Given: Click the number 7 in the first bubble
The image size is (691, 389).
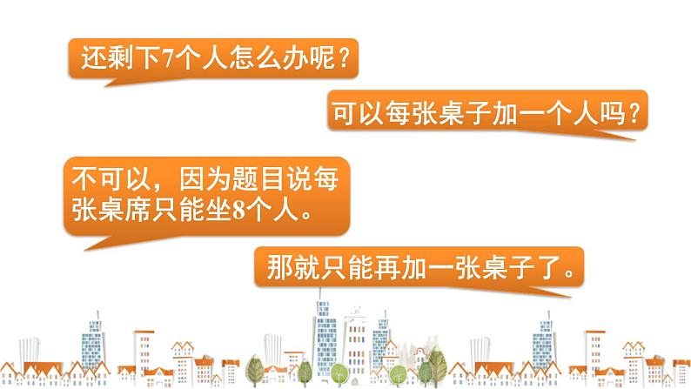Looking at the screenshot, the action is coord(168,58).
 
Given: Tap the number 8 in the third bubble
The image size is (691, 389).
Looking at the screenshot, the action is coord(238,209).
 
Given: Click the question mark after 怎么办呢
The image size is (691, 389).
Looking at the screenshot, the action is coord(345,57).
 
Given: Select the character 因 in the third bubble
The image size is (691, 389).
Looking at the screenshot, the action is coord(191,180).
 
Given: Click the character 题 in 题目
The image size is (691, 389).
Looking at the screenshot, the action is coord(245,180).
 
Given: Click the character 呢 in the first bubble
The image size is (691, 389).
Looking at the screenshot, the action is coord(323,57).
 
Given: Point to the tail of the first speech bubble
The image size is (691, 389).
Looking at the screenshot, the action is coord(116,82).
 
